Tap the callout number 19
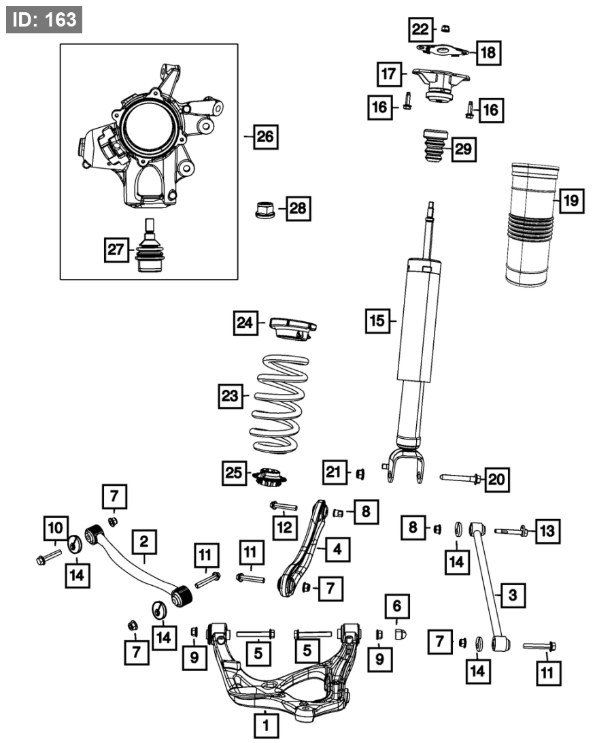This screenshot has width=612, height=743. pyautogui.click(x=570, y=201)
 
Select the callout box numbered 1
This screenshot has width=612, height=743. pyautogui.click(x=266, y=725)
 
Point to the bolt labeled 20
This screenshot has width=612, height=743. pyautogui.click(x=457, y=478)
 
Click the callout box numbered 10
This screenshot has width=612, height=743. pyautogui.click(x=56, y=527)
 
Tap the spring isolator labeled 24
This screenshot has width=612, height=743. pyautogui.click(x=293, y=327)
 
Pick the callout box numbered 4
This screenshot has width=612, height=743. pyautogui.click(x=337, y=548)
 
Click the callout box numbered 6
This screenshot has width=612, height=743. pyautogui.click(x=398, y=604)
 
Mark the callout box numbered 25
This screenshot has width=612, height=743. pyautogui.click(x=235, y=473)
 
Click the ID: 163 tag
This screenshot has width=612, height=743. pyautogui.click(x=44, y=20)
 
